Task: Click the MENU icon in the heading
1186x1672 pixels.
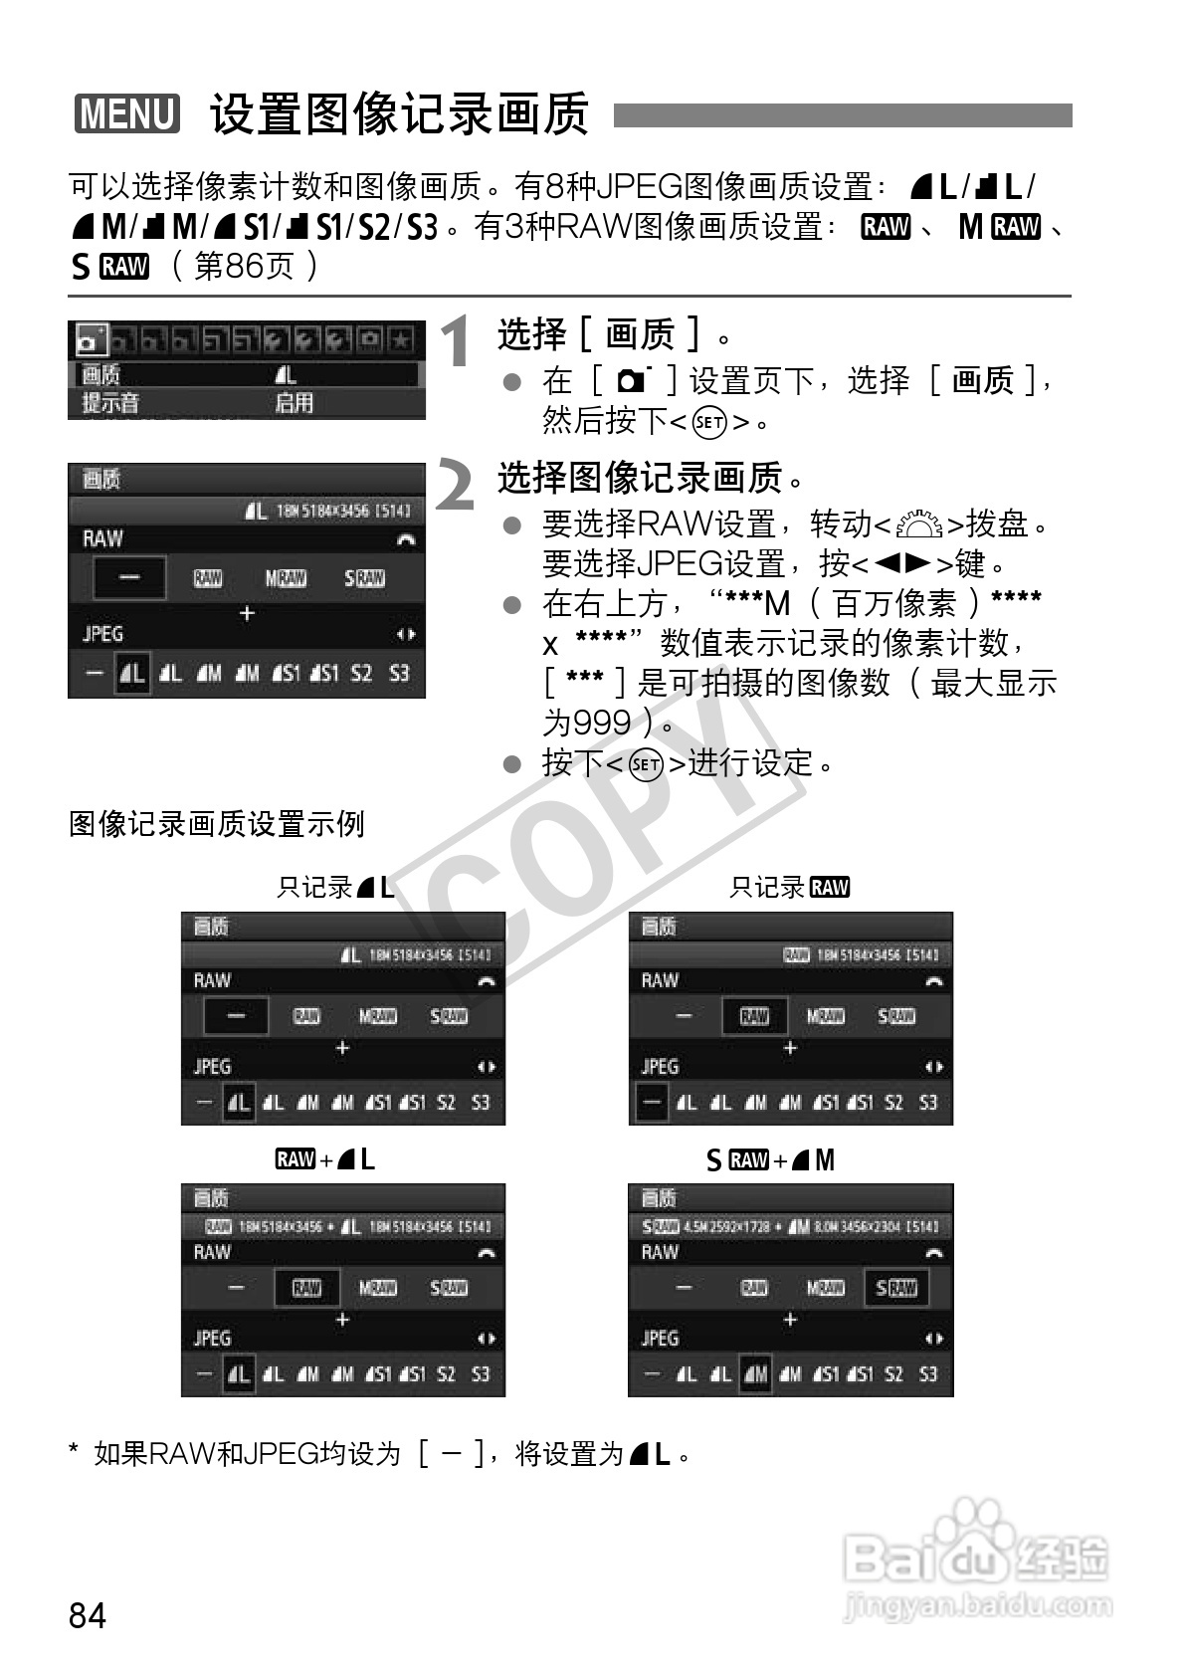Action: [127, 113]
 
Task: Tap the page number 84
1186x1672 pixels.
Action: [88, 1614]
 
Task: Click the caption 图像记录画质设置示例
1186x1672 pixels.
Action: [217, 824]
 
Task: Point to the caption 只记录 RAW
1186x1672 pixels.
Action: [789, 887]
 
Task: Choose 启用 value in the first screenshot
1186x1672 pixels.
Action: [295, 403]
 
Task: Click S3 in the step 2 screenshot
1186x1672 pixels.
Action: [399, 673]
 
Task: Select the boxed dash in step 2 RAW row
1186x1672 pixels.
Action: [129, 578]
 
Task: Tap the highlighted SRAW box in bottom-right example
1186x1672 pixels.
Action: [895, 1288]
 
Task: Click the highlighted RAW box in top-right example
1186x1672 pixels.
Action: [754, 1016]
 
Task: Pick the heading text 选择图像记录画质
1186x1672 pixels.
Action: [641, 479]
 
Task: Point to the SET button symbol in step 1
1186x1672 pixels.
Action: [708, 422]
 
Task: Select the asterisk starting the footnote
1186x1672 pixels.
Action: [74, 1454]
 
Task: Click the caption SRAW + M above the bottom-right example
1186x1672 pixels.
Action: [771, 1160]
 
